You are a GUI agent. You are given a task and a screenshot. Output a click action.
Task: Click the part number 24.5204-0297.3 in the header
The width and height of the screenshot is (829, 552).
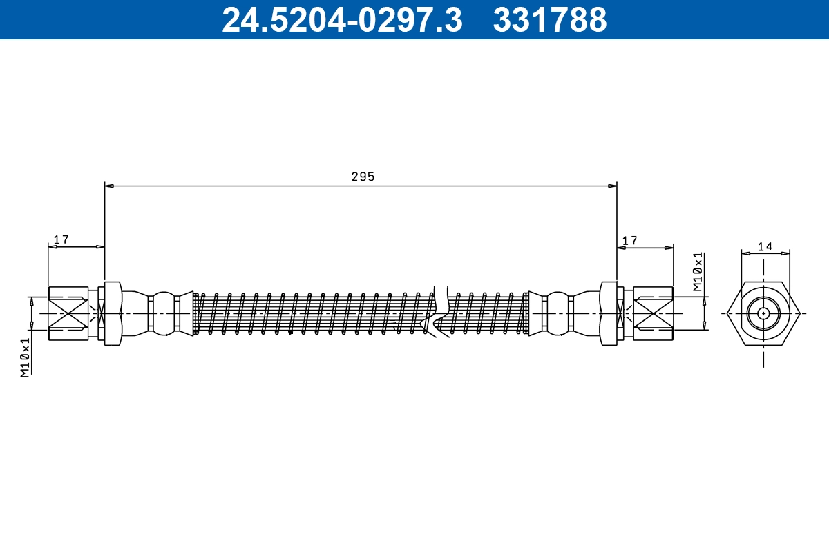click(x=341, y=20)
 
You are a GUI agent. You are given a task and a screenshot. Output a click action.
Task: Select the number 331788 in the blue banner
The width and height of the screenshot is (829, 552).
click(x=549, y=20)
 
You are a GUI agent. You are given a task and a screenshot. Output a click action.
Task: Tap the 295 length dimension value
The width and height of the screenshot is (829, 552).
click(x=363, y=177)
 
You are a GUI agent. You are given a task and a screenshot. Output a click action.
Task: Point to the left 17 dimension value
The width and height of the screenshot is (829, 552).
click(x=61, y=239)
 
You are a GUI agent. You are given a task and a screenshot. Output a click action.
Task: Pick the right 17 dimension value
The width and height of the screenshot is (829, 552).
click(x=629, y=240)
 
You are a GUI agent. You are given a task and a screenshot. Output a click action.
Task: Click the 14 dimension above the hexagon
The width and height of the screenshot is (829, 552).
click(x=765, y=246)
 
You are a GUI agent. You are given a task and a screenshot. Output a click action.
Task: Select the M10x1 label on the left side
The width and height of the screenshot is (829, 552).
click(x=26, y=357)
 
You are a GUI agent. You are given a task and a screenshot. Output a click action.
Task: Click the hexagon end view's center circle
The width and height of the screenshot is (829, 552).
click(x=763, y=313)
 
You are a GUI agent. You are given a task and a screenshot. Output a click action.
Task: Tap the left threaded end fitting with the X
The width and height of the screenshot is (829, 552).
click(x=68, y=313)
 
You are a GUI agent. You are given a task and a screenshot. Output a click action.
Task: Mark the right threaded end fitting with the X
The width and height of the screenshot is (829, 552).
click(x=654, y=313)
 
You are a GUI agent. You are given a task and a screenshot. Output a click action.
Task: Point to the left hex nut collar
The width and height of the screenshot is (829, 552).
click(x=113, y=313)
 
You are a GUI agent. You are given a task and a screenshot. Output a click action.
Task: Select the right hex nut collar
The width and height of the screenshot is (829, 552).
click(x=609, y=313)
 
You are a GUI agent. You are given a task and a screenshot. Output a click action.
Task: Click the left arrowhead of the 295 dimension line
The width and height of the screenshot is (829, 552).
click(x=108, y=186)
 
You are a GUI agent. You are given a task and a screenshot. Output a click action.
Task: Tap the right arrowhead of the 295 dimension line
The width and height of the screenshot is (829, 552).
click(x=613, y=186)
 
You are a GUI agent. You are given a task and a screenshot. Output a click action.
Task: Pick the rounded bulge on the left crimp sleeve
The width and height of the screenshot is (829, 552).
click(x=164, y=313)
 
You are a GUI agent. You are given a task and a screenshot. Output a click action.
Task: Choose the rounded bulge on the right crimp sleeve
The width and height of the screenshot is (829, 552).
click(x=558, y=313)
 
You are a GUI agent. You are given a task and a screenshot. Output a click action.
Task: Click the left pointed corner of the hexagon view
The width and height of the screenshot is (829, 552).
click(x=727, y=313)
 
